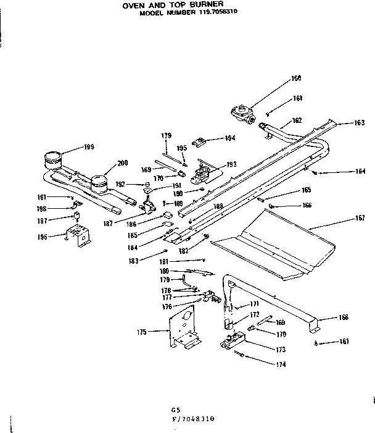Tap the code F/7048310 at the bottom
point(192,418)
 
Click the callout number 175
point(142,332)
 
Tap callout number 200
point(122,163)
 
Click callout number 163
point(360,123)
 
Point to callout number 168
point(344,317)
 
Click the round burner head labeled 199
point(54,161)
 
